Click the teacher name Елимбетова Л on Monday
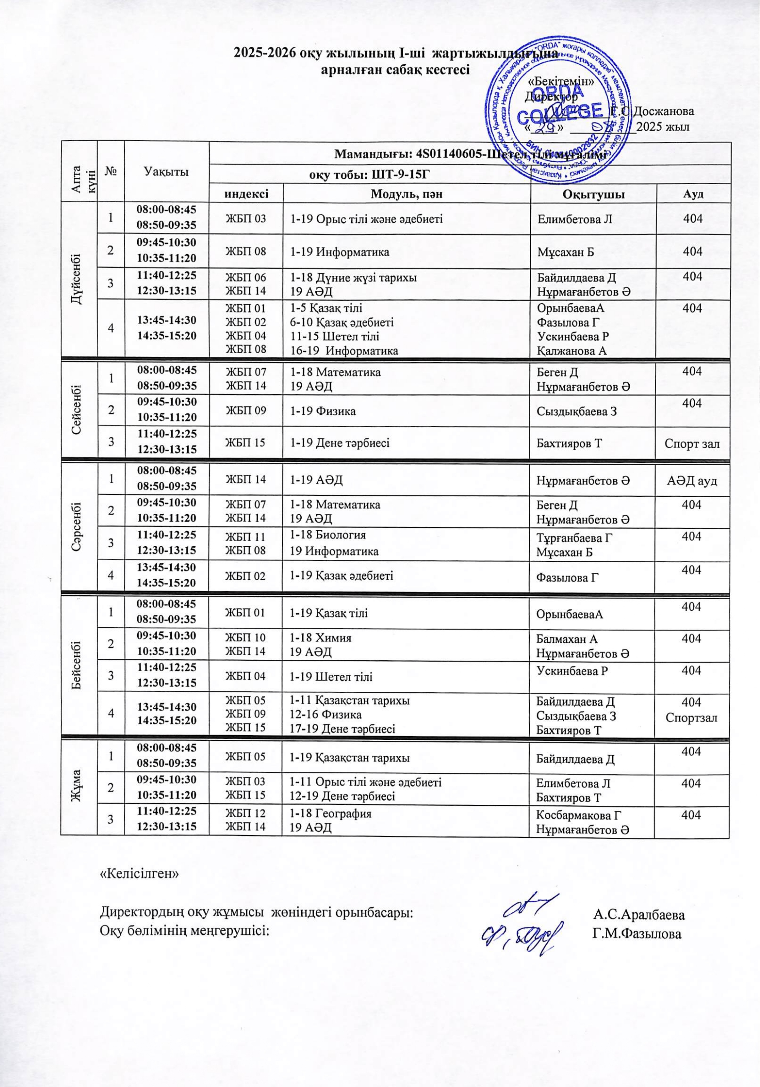tap(575, 219)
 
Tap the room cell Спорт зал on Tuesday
tap(692, 444)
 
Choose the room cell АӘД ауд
tap(692, 480)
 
